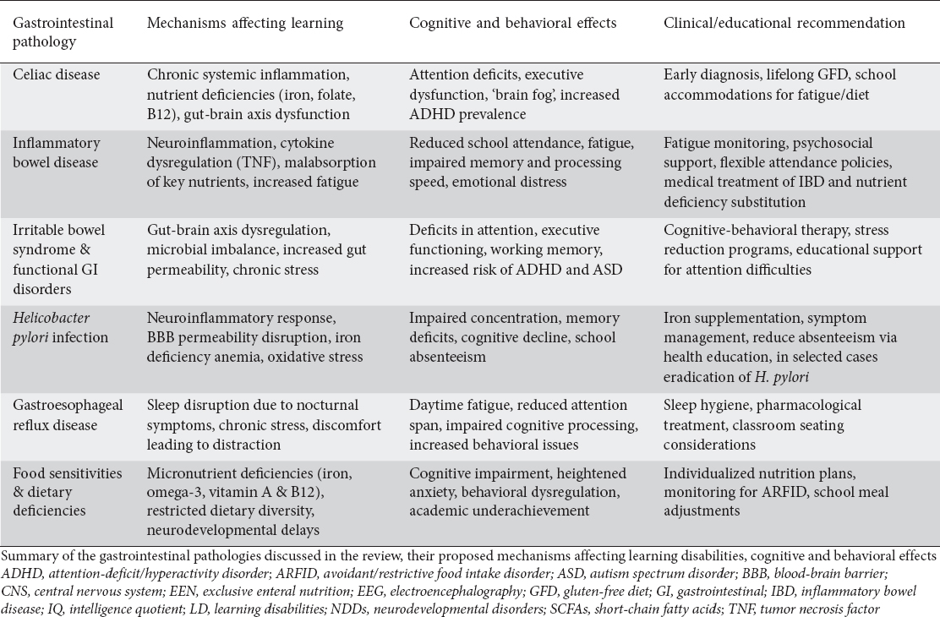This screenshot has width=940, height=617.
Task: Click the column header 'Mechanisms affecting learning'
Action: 245,24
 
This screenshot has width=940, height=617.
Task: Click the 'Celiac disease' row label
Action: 56,75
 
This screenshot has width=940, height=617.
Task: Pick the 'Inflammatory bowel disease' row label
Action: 56,151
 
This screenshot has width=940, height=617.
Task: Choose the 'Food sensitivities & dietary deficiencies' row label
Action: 67,494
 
